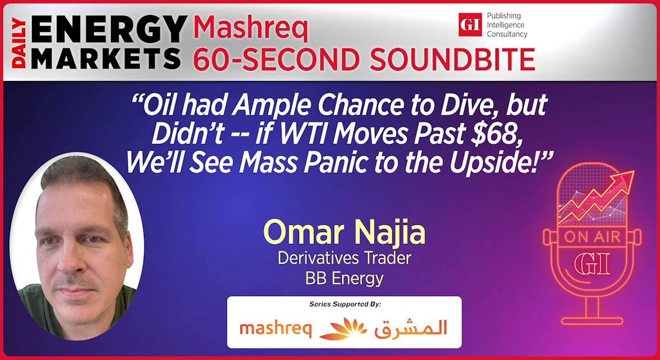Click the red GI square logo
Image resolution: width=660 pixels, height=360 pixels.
(470, 24)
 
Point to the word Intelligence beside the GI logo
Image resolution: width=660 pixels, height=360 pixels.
(505, 25)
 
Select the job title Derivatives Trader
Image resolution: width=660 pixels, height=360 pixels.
(344, 258)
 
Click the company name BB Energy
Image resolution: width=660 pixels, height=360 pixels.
(344, 279)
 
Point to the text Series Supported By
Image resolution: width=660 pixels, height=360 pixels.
(345, 304)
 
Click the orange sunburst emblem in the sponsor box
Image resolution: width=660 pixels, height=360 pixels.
(343, 329)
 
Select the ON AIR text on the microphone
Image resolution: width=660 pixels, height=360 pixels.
(592, 237)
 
